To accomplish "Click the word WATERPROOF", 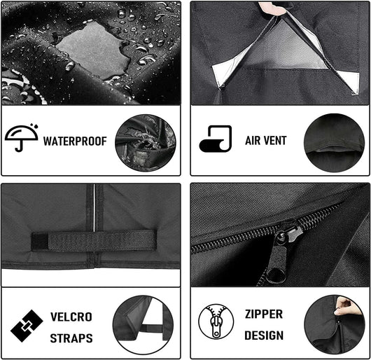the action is click(75, 141).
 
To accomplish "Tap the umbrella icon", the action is click(22, 137).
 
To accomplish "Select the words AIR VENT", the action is click(266, 140).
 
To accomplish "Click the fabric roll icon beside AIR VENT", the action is click(216, 139).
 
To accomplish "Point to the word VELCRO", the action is click(71, 317).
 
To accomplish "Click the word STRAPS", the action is click(71, 338).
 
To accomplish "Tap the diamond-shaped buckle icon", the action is click(27, 326).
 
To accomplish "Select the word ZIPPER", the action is click(264, 314).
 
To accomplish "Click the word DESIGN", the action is click(264, 335).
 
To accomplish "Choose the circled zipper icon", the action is click(216, 321).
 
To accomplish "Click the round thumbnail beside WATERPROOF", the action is click(146, 143).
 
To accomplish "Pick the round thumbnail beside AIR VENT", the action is click(334, 143).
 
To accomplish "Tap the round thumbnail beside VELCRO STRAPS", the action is click(143, 325).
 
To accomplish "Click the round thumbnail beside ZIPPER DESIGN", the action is click(334, 324).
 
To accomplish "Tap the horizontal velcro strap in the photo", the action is click(94, 240).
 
